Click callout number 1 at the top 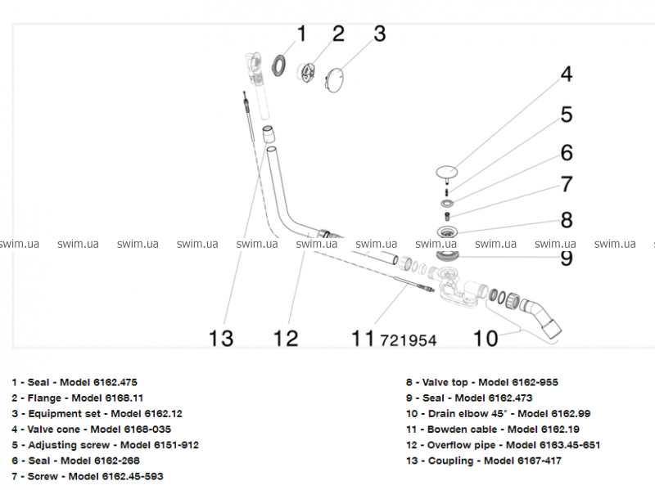click(x=301, y=34)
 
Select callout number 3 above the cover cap click(x=379, y=34)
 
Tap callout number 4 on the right click(x=567, y=74)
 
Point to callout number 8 click(x=567, y=220)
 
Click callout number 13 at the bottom click(x=220, y=339)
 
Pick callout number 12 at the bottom click(x=286, y=339)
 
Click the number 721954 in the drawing click(x=408, y=340)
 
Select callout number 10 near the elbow click(x=486, y=339)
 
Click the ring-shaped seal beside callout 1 click(x=278, y=65)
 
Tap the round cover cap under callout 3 click(x=334, y=79)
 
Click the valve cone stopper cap click(x=446, y=171)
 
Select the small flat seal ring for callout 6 click(x=447, y=204)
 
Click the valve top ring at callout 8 click(x=447, y=232)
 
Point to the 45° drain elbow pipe click(x=542, y=317)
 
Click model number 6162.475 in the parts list click(x=115, y=382)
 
